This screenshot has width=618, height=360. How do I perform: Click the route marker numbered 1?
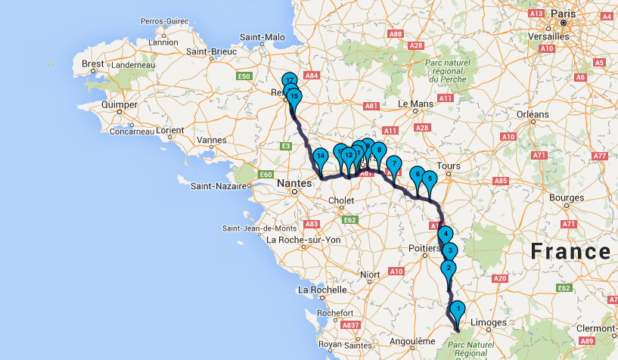(x=457, y=309)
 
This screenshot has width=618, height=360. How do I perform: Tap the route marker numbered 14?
(x=321, y=157)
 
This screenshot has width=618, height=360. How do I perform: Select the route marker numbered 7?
(x=393, y=164)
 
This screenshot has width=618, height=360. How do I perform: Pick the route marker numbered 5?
(x=429, y=179)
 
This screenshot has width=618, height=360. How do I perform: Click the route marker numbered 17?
(x=289, y=80)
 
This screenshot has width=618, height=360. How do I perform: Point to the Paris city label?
(x=563, y=13)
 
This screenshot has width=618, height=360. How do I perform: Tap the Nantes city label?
(x=294, y=182)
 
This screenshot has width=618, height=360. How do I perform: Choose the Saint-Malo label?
(x=262, y=36)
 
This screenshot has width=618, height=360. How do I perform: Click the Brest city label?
(x=93, y=64)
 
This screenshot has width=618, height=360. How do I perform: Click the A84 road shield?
(x=310, y=76)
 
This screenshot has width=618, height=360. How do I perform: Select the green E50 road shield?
(x=244, y=76)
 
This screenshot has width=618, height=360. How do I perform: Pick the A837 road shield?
(x=350, y=325)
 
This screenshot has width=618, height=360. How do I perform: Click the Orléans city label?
(x=533, y=113)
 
